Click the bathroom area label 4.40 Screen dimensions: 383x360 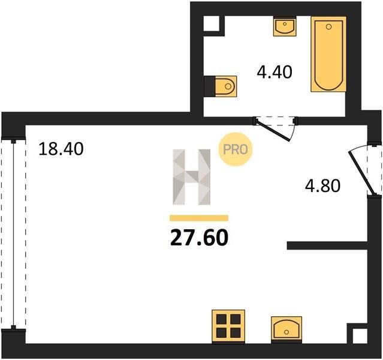[x=275, y=72]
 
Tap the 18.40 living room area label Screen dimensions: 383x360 [x=61, y=149]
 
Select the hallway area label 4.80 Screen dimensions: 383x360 [x=322, y=185]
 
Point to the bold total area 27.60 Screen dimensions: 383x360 [x=199, y=238]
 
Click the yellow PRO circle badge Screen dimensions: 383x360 [x=235, y=149]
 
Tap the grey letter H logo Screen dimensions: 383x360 [x=192, y=177]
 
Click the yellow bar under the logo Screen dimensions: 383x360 [x=199, y=218]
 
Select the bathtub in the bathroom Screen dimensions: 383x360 [x=328, y=54]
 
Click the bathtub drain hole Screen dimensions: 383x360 [x=329, y=26]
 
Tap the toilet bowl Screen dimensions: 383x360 [x=226, y=86]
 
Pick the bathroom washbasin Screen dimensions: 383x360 [x=285, y=26]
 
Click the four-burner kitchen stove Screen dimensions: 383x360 [x=228, y=326]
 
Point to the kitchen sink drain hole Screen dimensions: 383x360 [x=287, y=332]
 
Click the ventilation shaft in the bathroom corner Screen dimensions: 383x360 [x=212, y=23]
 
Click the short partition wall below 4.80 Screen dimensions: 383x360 [x=327, y=245]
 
